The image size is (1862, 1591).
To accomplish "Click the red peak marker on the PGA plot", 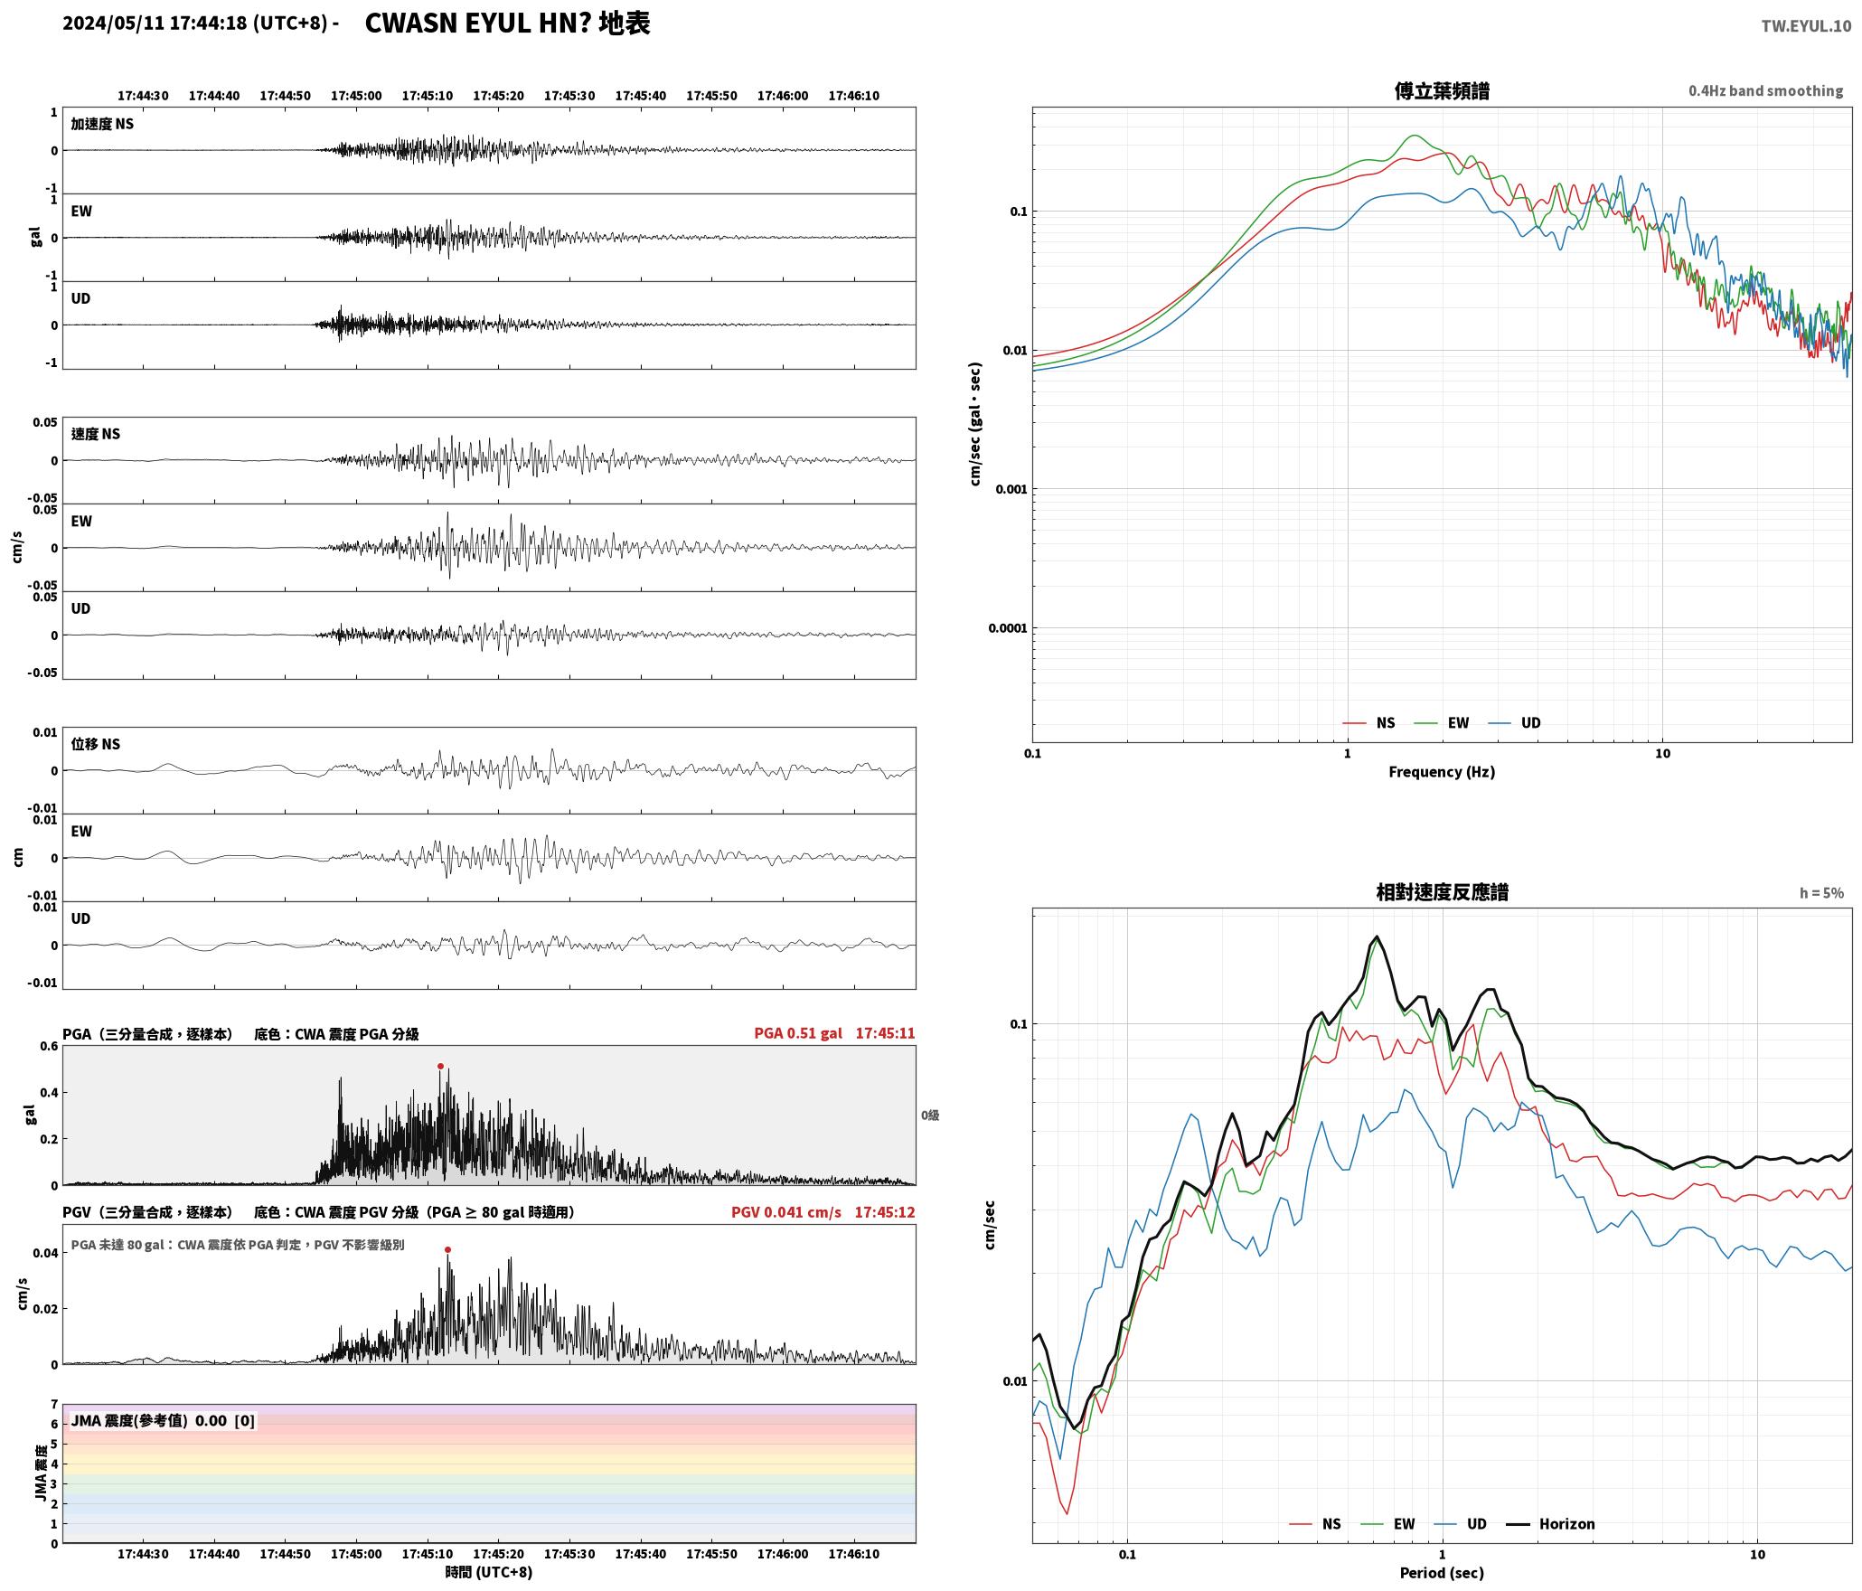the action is click(440, 1066).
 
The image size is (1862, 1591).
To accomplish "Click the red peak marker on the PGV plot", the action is click(447, 1250).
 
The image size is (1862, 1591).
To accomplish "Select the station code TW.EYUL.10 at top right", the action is click(1806, 25).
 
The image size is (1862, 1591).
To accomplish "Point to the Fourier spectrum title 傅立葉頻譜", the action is click(1442, 91).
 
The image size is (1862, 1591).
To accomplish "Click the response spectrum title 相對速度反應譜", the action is click(1442, 892).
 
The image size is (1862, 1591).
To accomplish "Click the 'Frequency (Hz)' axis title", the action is click(1442, 772).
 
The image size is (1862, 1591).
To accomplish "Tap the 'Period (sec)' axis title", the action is click(1442, 1573).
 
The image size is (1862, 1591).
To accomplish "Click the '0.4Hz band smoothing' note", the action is click(1765, 91).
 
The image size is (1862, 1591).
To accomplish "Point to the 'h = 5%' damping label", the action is click(1821, 893).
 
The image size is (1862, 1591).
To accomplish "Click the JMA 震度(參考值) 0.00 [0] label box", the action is click(163, 1421).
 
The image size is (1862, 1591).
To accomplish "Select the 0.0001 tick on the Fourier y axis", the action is click(1008, 628).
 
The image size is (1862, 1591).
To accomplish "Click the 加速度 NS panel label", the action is click(102, 124).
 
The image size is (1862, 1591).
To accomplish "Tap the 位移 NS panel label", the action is click(96, 744).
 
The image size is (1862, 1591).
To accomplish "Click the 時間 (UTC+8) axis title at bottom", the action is click(488, 1572).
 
